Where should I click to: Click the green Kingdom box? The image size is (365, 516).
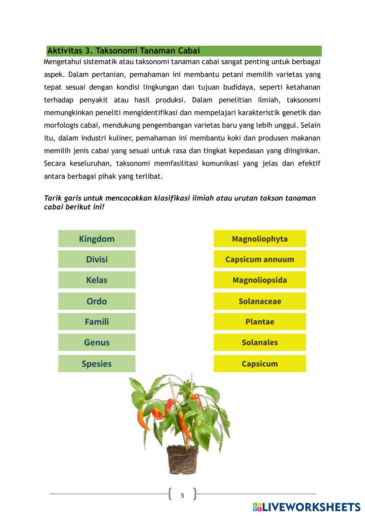click(96, 239)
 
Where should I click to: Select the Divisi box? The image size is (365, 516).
click(96, 259)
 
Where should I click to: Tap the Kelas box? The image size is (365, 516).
click(96, 280)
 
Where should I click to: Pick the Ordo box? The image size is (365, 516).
click(96, 301)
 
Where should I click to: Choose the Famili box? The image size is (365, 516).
click(96, 322)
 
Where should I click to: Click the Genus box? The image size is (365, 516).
click(96, 343)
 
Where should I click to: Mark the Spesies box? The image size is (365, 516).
click(96, 364)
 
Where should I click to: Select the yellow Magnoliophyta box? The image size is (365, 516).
click(259, 239)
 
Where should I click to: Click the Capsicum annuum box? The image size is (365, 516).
click(259, 259)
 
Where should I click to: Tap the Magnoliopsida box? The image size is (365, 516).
click(259, 280)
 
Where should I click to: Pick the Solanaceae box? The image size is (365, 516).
click(259, 301)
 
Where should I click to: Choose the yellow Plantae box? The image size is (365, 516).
click(259, 322)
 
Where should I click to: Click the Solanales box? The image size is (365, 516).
click(259, 343)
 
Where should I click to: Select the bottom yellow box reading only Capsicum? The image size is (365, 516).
click(259, 364)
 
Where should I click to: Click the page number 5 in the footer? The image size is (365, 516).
click(182, 496)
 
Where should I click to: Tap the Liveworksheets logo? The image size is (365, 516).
click(306, 507)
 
